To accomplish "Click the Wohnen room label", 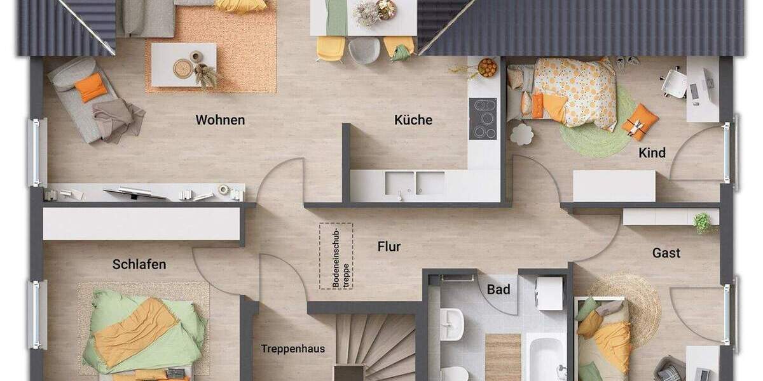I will pyautogui.click(x=220, y=120).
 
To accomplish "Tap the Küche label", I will pyautogui.click(x=413, y=120).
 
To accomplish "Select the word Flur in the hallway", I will pyautogui.click(x=389, y=246).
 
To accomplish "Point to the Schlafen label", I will pyautogui.click(x=139, y=264).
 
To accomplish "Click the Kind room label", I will pyautogui.click(x=652, y=152).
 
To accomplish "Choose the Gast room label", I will pyautogui.click(x=666, y=253).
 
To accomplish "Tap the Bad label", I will pyautogui.click(x=498, y=290).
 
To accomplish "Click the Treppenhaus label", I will pyautogui.click(x=292, y=349).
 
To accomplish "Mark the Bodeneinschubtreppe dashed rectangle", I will pyautogui.click(x=336, y=256).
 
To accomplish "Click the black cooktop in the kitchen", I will pyautogui.click(x=483, y=119).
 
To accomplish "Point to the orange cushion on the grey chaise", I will pyautogui.click(x=91, y=87).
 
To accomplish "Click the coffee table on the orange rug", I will pyautogui.click(x=184, y=65).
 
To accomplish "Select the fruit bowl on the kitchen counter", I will pyautogui.click(x=487, y=67).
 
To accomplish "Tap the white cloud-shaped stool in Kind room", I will pyautogui.click(x=521, y=134).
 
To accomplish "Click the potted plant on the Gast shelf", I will pyautogui.click(x=703, y=222).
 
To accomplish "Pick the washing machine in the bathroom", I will pyautogui.click(x=549, y=293).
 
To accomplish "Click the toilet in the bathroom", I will pyautogui.click(x=454, y=373).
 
